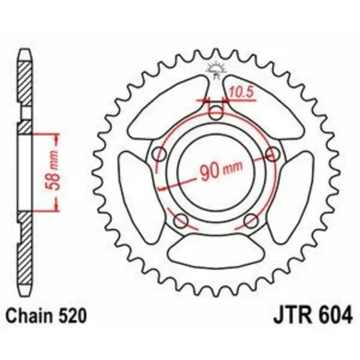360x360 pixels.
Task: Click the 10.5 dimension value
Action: (x=241, y=92)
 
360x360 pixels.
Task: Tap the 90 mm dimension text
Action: (x=221, y=170)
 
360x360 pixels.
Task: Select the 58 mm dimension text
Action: (x=53, y=171)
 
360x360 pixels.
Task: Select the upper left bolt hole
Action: (x=159, y=154)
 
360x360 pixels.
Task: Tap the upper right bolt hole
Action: (x=273, y=153)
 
